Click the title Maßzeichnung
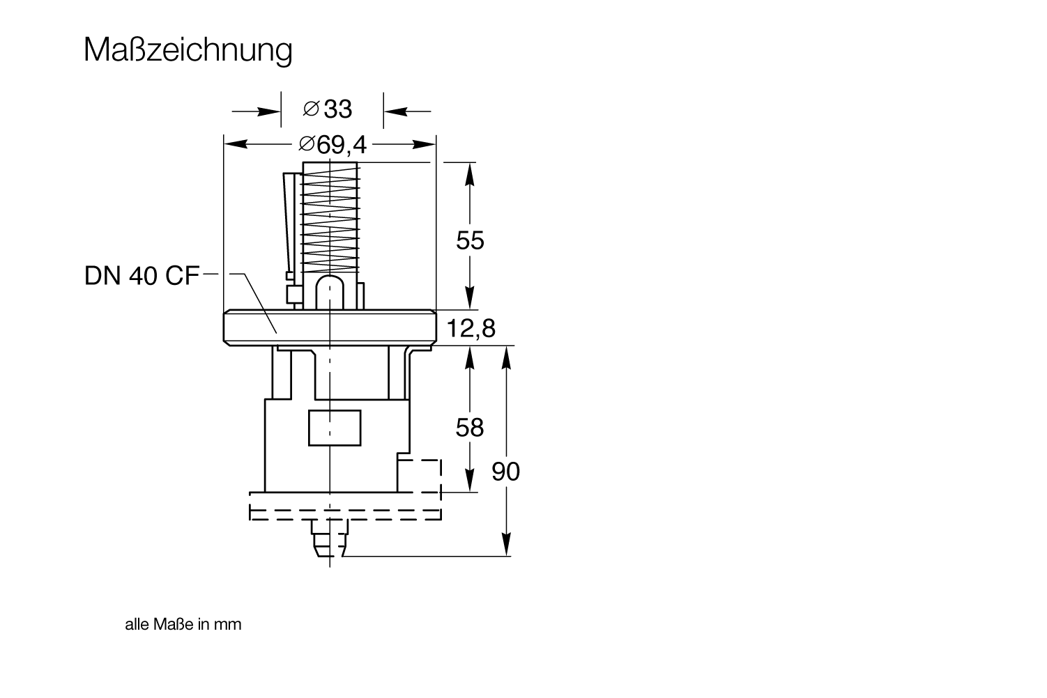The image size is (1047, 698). point(188,50)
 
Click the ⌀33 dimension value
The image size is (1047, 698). point(327,109)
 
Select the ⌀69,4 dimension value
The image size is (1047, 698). point(333,144)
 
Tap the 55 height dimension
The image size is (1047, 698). point(470,240)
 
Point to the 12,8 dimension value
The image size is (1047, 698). point(471,328)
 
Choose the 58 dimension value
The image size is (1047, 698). point(470,428)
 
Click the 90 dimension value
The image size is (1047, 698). point(506,472)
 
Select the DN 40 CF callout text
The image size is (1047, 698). point(142,275)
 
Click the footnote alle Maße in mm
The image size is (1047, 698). point(183,624)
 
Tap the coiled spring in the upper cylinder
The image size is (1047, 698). point(330,219)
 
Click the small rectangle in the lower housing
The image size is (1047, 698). point(335,428)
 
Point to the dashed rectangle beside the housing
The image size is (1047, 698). point(419,476)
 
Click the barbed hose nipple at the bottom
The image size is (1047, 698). point(330,538)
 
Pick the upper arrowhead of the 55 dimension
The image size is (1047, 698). point(470,174)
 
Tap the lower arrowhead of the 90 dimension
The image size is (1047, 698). point(506,544)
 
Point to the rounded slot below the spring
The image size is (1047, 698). point(330,293)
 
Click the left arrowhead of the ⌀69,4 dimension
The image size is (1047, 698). point(236,144)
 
